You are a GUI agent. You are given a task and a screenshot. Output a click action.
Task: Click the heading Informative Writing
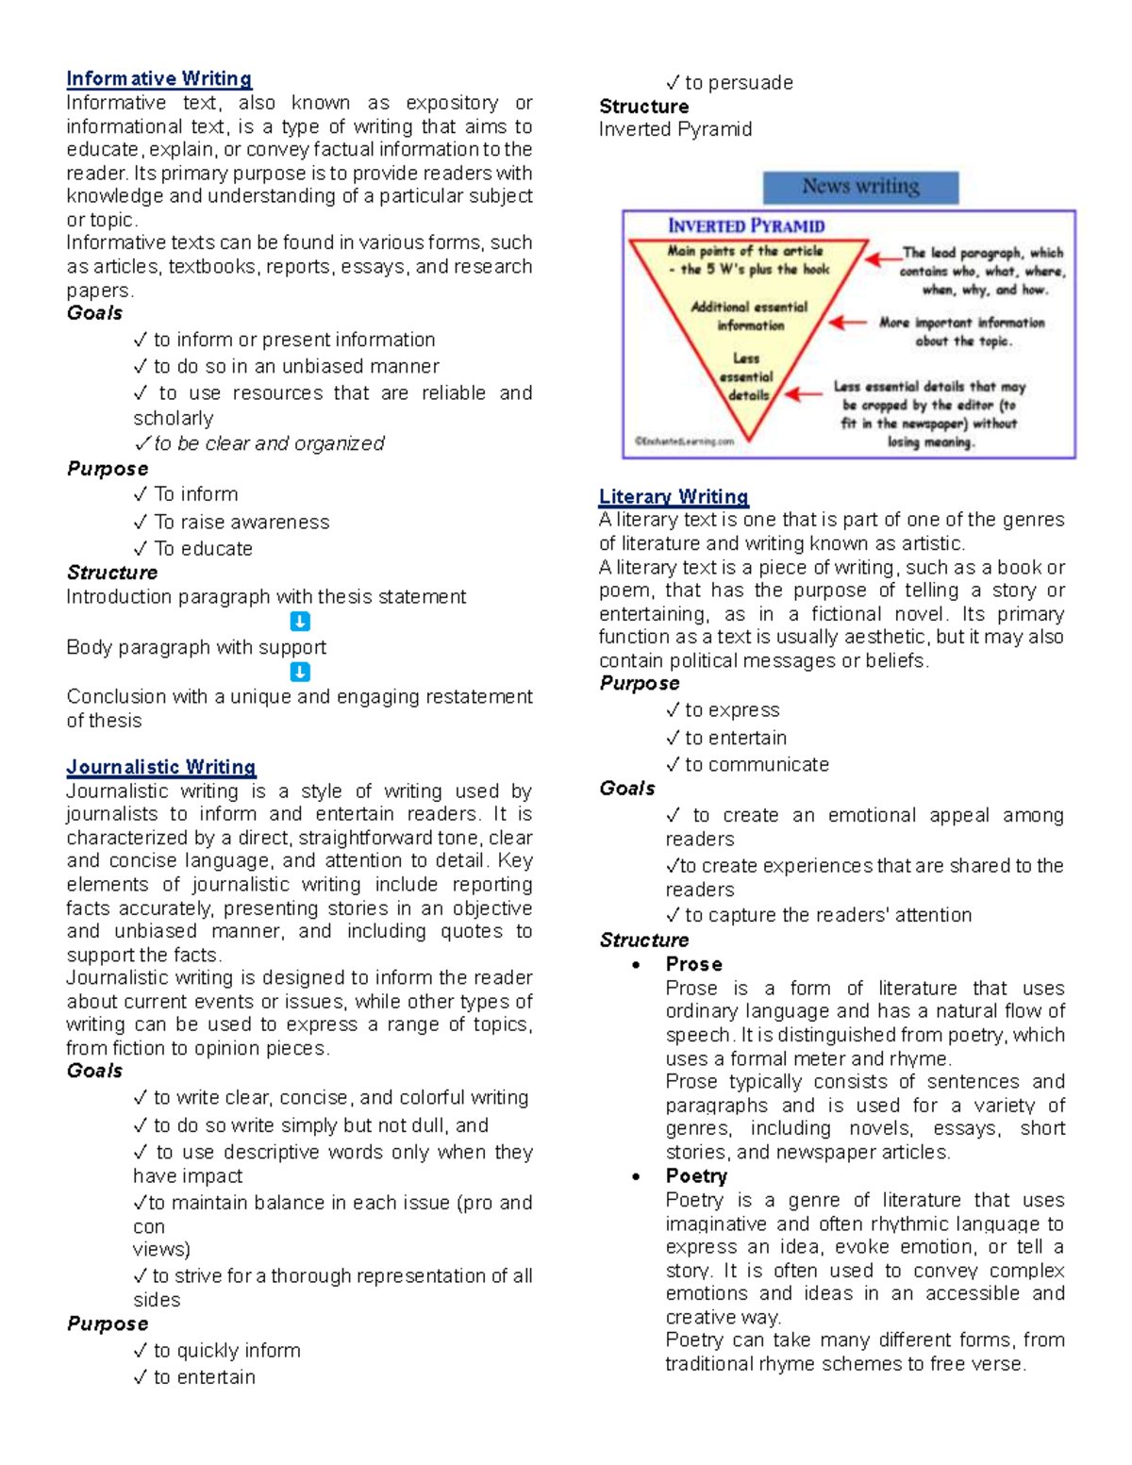(x=158, y=78)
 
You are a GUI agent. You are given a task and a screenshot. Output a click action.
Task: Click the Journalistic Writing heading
(x=161, y=767)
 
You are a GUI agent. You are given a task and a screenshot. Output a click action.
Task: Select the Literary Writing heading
(x=674, y=496)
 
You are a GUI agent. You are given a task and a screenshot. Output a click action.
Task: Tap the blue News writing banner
(x=860, y=187)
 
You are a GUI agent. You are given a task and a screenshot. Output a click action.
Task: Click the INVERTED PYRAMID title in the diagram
(x=746, y=225)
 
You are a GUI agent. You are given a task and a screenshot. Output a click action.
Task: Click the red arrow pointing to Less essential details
(x=803, y=393)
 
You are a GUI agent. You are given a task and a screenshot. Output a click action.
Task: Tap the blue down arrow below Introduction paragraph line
(x=299, y=622)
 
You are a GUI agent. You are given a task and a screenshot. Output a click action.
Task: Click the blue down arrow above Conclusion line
(x=299, y=672)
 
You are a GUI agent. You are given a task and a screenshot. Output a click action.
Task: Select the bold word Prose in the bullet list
(x=693, y=963)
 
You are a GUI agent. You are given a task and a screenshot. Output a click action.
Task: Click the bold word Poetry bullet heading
(x=696, y=1175)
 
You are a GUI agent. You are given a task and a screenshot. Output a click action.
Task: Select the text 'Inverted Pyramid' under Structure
(x=675, y=129)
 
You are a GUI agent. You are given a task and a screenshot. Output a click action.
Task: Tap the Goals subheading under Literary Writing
(x=627, y=788)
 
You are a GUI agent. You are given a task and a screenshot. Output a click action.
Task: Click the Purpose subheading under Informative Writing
(x=108, y=469)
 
